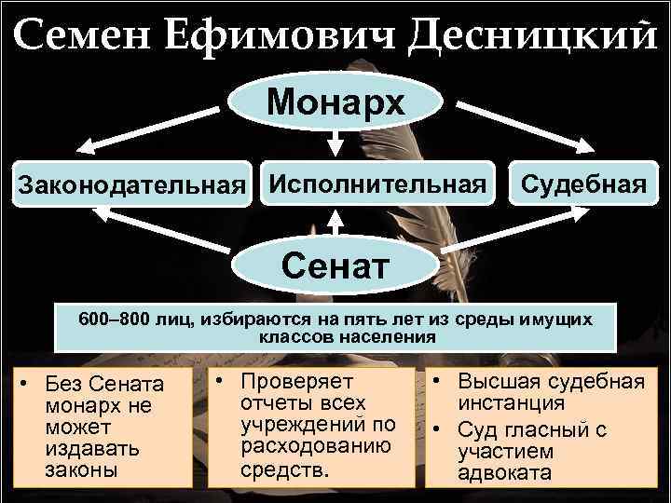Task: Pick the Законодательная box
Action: [132, 184]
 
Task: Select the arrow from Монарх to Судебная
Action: [522, 121]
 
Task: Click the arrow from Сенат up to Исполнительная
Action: [336, 227]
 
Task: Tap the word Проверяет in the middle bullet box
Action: [294, 382]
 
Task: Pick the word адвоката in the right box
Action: [504, 472]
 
